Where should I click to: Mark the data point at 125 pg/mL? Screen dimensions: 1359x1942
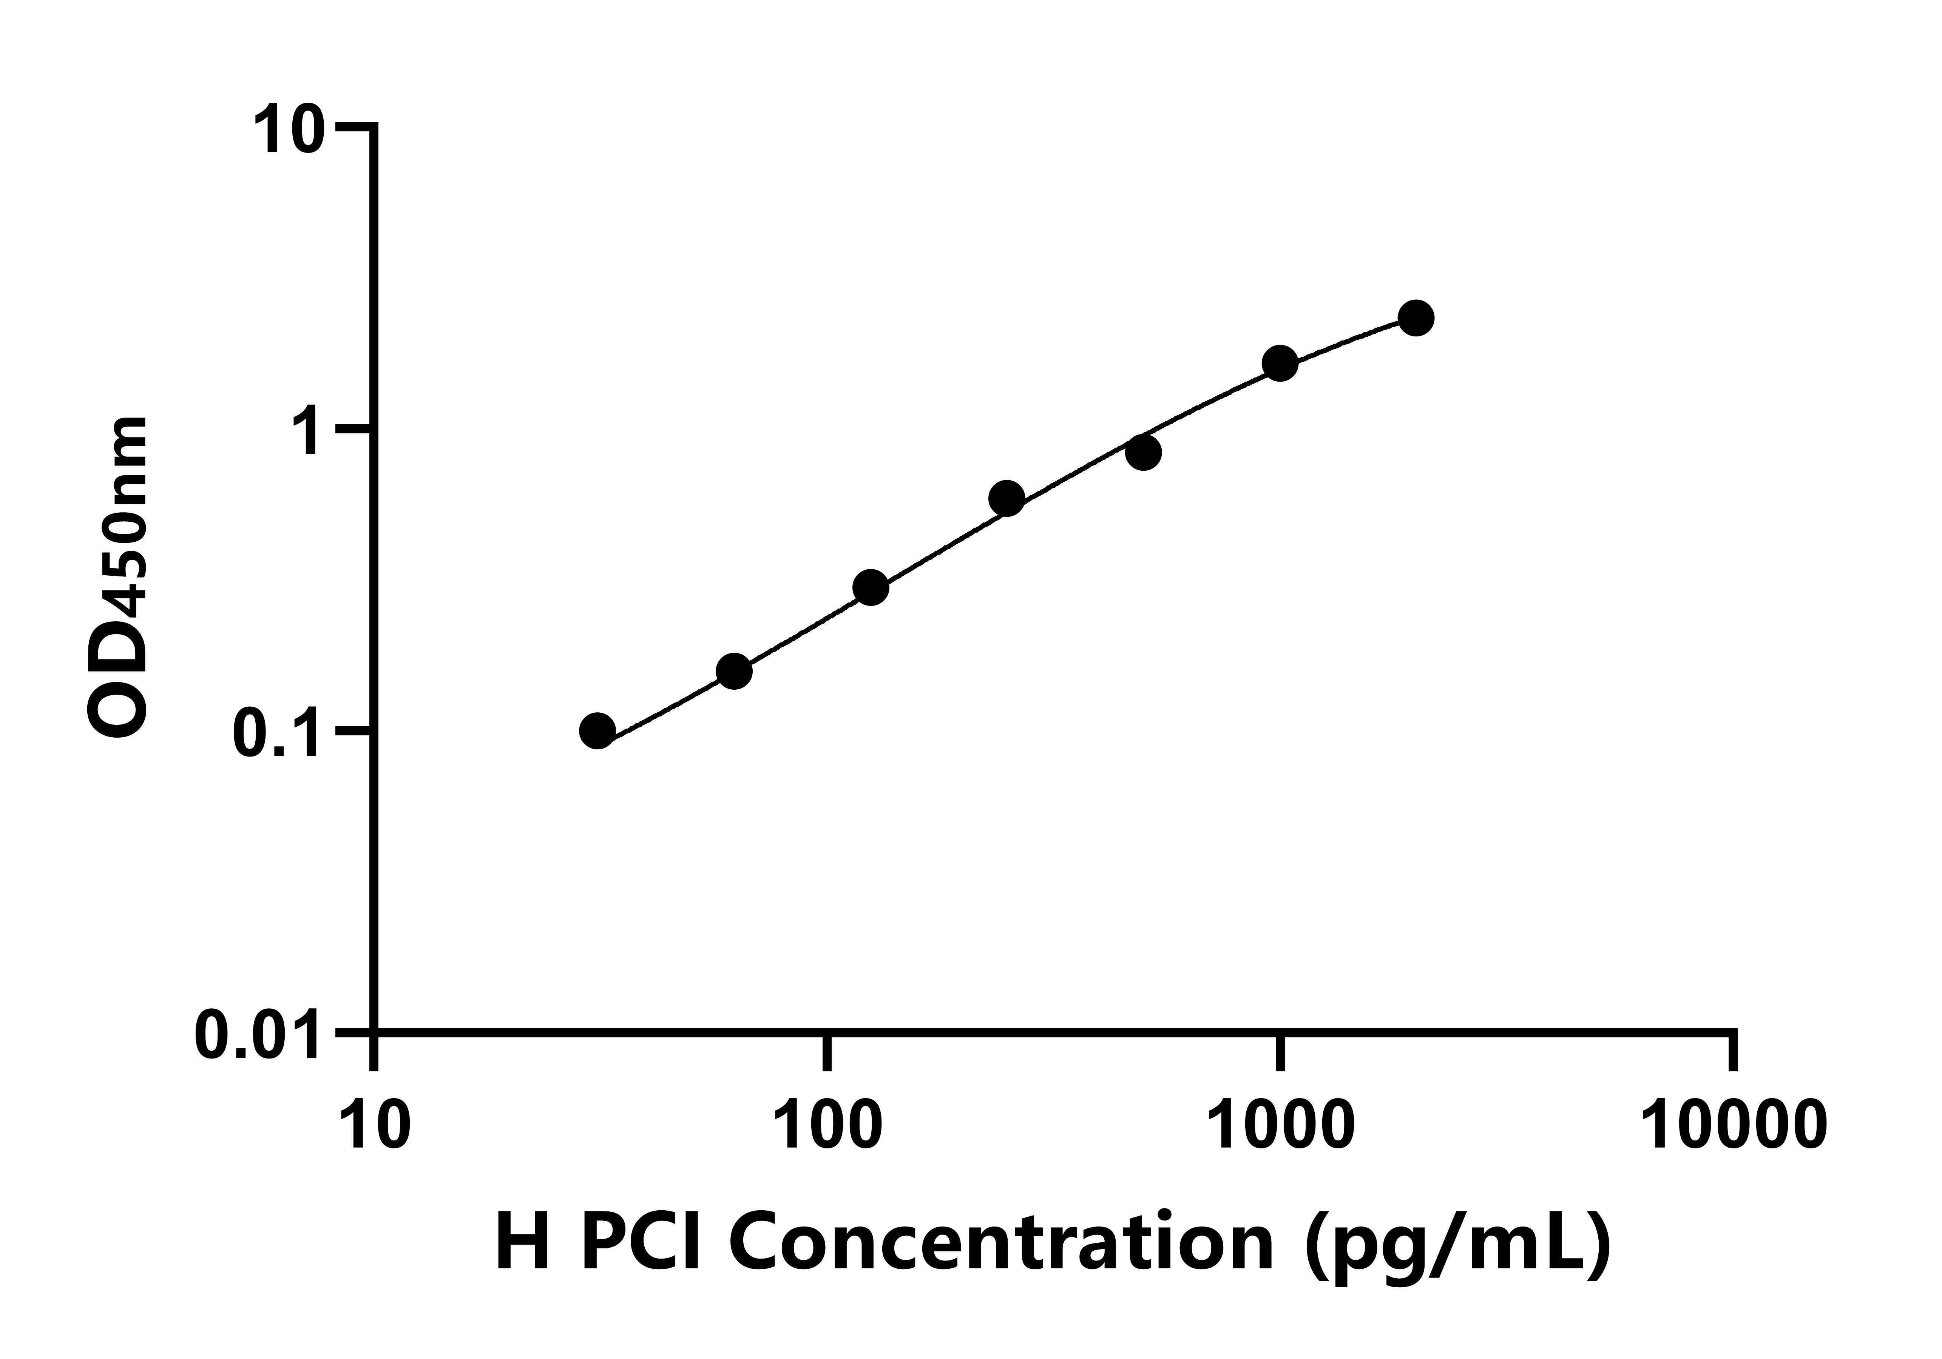[x=870, y=588]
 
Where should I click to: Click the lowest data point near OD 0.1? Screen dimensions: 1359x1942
[x=598, y=731]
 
